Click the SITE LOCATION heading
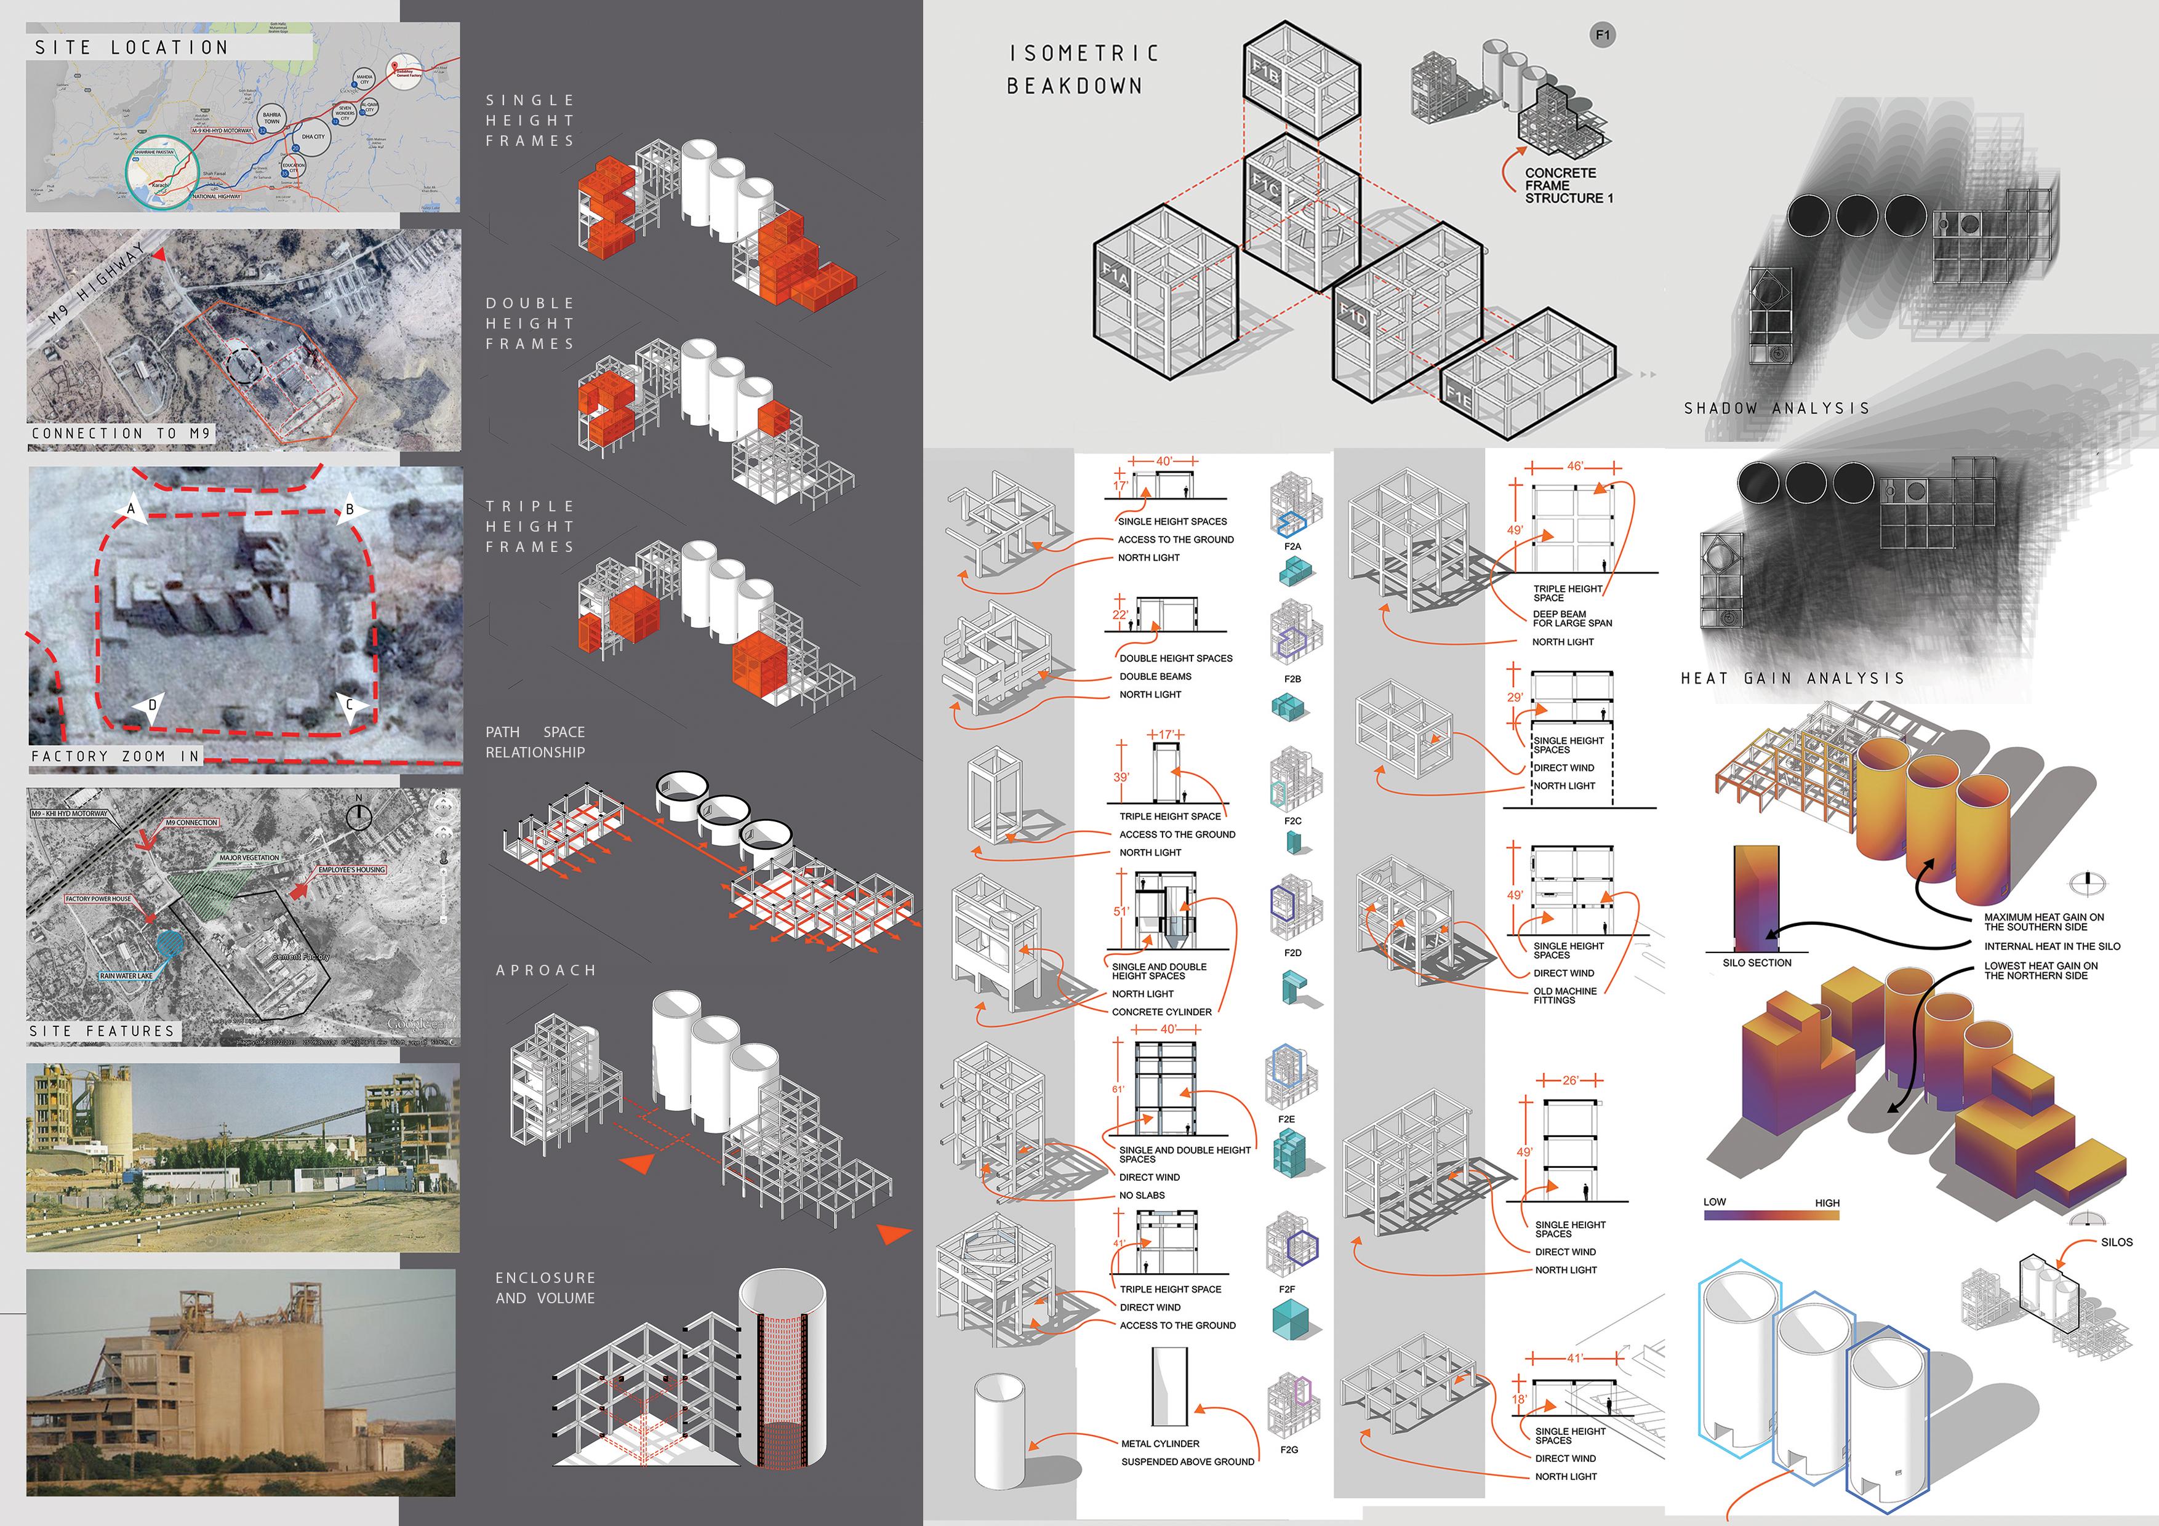point(132,47)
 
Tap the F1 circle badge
point(1602,35)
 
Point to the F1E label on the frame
point(1459,399)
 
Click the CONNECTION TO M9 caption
point(121,433)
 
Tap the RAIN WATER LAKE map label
point(126,975)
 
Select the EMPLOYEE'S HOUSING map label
point(351,869)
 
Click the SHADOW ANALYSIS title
point(1776,408)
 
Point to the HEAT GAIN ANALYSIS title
point(1792,678)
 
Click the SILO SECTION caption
point(1756,963)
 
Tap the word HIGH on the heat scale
point(1827,1202)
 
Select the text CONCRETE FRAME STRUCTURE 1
point(1568,185)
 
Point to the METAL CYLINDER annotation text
point(1160,1444)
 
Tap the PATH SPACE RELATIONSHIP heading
point(535,742)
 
